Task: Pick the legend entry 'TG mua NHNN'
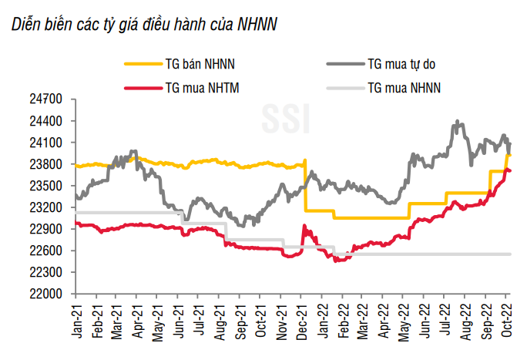click(404, 88)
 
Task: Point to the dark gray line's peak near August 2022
click(458, 121)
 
